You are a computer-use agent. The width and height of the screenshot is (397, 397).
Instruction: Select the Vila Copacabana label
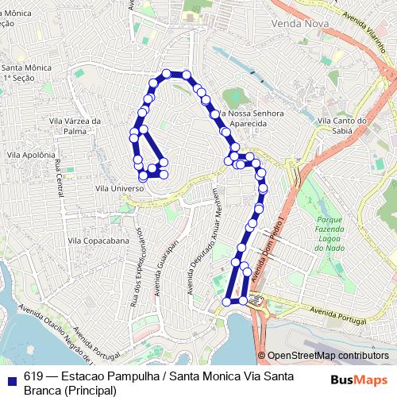[98, 240]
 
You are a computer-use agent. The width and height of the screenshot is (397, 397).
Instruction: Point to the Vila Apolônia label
[29, 155]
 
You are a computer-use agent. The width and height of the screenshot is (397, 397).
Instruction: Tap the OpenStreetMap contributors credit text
[328, 356]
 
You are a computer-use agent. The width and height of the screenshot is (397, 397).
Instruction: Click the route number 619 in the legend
[33, 376]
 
